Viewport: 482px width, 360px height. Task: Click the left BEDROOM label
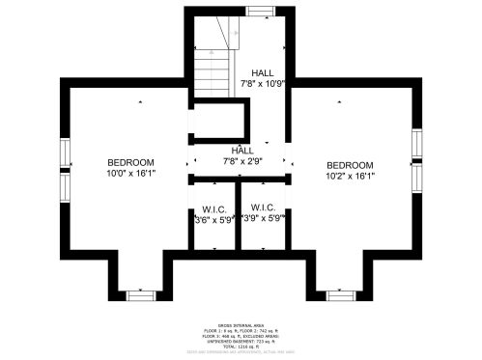[129, 161]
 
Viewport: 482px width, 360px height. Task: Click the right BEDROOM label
[349, 165]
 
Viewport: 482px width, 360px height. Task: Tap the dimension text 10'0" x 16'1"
[129, 174]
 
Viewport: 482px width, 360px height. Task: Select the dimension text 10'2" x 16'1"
[349, 177]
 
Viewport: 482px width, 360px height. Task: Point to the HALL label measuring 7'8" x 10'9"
[263, 73]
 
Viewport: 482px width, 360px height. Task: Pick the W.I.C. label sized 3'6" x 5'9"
[213, 209]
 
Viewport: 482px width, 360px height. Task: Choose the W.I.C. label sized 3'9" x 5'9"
[263, 208]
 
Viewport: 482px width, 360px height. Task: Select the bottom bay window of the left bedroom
[142, 291]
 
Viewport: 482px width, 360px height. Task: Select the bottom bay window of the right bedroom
[340, 291]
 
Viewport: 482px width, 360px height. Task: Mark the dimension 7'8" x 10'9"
[263, 84]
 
